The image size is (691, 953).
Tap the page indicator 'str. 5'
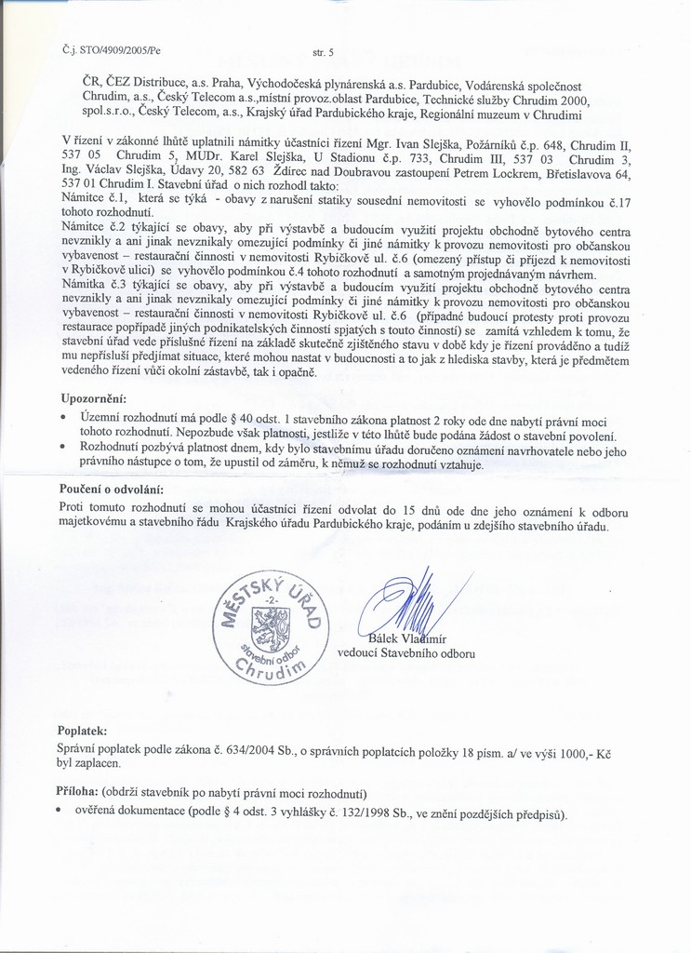(326, 46)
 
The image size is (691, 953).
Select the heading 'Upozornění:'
(92, 398)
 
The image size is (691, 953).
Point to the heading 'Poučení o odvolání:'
(112, 489)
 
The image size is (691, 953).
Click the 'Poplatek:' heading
(83, 732)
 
